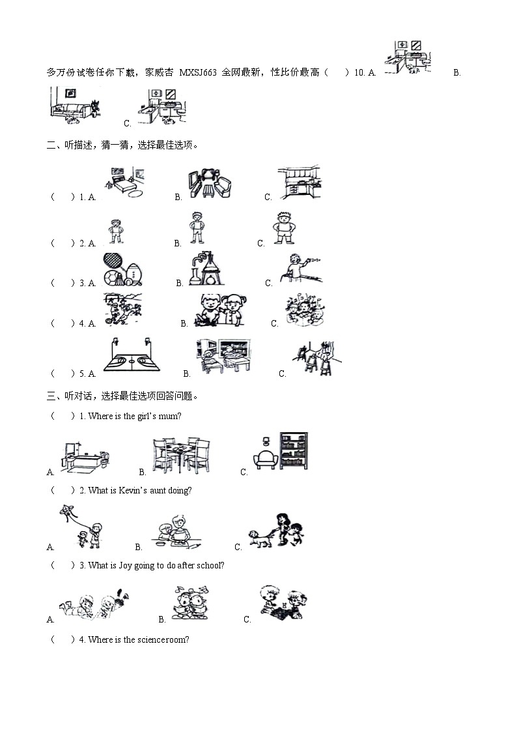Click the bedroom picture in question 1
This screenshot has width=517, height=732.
pos(124,183)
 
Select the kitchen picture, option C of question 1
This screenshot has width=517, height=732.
pos(300,182)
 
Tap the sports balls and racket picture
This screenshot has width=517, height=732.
pos(122,270)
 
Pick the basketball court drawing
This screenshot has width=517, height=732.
pos(132,355)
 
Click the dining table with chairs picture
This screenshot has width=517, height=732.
pos(182,455)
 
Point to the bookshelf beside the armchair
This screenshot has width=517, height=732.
pos(294,450)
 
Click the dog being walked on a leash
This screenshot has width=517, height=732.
pos(260,538)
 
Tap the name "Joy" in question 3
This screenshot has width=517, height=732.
pos(126,565)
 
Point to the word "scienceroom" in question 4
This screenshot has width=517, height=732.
pos(161,639)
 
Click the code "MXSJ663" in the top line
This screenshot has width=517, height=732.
pos(198,72)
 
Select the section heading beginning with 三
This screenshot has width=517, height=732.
pos(123,396)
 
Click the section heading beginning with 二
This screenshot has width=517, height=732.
pos(123,145)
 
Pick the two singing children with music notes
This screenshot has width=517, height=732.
pos(190,603)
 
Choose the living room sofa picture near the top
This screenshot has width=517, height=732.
pos(76,106)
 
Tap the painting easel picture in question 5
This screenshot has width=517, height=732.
pos(316,358)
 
